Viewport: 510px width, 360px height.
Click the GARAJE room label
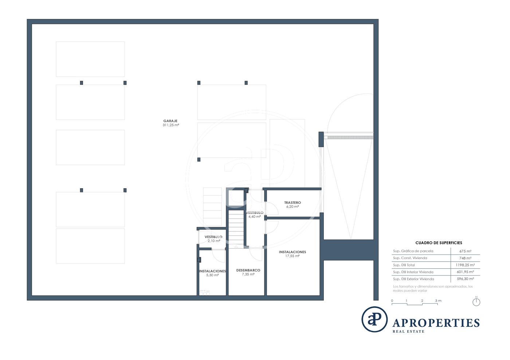pos(170,121)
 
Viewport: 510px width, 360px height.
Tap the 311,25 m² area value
pos(171,125)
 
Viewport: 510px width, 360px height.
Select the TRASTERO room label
pos(293,202)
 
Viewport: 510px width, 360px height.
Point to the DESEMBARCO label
pos(248,270)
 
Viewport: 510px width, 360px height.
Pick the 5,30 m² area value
pos(212,275)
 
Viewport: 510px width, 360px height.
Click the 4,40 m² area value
pos(255,217)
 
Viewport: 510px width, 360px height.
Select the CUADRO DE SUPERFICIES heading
pos(439,243)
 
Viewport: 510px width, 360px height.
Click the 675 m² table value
pos(466,251)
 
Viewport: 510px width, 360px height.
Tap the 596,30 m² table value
pos(466,279)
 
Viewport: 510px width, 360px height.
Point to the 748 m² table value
pos(466,258)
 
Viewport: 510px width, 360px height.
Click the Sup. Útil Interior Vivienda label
pos(413,272)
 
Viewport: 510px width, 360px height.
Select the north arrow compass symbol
pos(476,301)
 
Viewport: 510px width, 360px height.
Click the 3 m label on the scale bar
pos(438,301)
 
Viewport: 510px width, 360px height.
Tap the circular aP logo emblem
pos(374,319)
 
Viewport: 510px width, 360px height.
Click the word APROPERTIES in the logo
pos(436,323)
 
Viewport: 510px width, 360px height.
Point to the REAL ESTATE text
pos(408,332)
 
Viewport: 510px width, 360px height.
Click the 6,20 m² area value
pos(293,207)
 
